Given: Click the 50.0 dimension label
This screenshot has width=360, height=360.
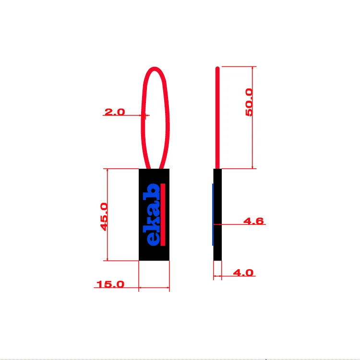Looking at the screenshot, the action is coord(249,102).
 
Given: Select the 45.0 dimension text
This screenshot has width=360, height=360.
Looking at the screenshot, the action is coord(104,217).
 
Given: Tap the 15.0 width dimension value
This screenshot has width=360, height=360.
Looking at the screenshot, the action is coord(110,284).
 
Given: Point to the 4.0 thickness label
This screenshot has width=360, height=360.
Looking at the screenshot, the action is coord(243,273).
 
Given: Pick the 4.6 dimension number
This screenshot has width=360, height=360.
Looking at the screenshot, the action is coord(253,221).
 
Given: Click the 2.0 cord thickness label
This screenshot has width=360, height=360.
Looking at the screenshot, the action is coord(115,112).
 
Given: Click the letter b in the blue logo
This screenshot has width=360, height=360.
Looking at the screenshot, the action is coord(153,191).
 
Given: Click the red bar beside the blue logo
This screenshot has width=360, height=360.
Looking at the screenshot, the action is coord(163,214).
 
